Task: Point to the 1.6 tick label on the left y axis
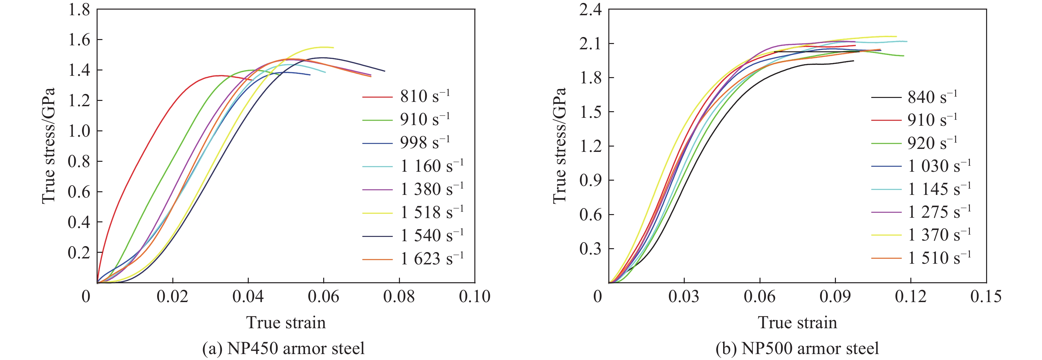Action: click(x=79, y=40)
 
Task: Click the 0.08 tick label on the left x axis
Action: click(x=399, y=297)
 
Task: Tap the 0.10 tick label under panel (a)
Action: click(x=474, y=297)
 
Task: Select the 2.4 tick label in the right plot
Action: click(x=590, y=10)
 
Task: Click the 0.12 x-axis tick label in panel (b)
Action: click(x=911, y=297)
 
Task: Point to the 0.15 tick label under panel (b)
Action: click(x=986, y=297)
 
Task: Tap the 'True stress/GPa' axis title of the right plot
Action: click(x=559, y=146)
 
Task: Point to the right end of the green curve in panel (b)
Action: click(x=904, y=56)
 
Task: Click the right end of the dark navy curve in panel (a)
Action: click(x=385, y=71)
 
